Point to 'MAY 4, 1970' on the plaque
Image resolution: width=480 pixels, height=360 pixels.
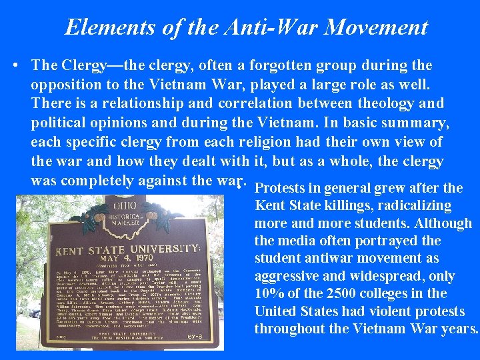point(127,261)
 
